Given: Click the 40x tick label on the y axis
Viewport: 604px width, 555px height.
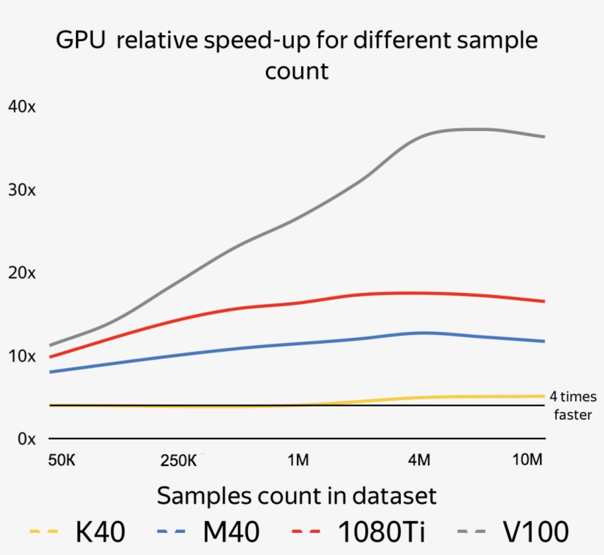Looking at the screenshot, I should click(x=21, y=107).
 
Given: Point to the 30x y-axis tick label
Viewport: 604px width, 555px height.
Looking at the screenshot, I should click(x=21, y=190).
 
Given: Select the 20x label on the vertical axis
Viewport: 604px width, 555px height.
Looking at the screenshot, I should click(x=21, y=273).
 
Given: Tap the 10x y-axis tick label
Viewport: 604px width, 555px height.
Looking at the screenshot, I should click(x=21, y=356).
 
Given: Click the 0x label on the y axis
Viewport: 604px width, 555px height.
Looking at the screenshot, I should click(x=26, y=439).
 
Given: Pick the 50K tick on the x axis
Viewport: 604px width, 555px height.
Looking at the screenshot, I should click(x=61, y=461).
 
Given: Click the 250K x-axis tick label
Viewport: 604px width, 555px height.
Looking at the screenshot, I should click(x=178, y=461).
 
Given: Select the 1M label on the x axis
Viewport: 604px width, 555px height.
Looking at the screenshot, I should click(x=298, y=461).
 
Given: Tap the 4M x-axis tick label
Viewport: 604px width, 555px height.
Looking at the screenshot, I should click(x=418, y=461).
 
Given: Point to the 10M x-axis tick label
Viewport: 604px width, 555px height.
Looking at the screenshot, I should click(x=527, y=461).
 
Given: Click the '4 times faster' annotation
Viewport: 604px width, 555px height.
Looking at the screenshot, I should click(x=573, y=406).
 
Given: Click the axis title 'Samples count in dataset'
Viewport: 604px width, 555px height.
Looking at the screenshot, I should click(x=296, y=495).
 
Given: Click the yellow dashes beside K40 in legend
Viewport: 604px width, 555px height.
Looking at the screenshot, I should click(x=43, y=531).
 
